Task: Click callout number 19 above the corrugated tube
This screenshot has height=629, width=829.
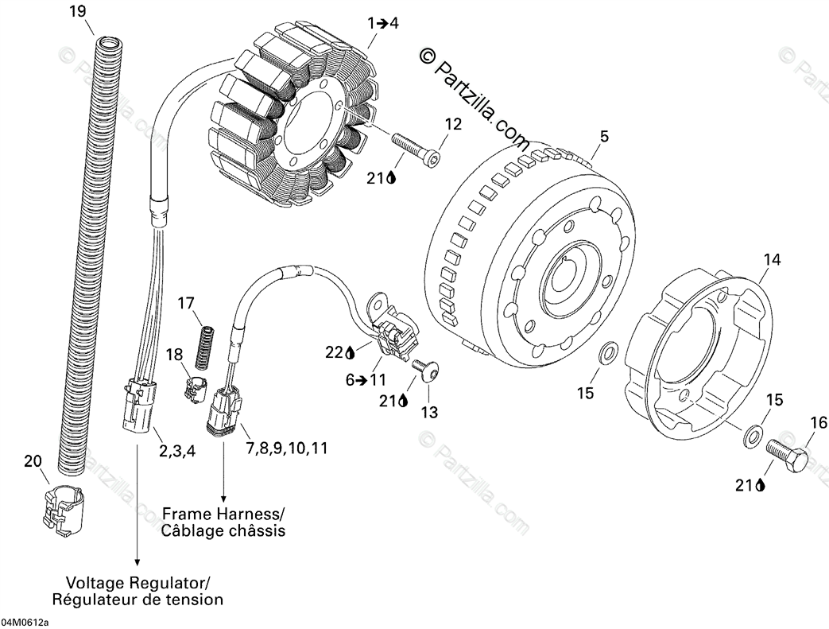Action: click(76, 11)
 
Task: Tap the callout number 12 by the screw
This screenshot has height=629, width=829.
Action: click(452, 124)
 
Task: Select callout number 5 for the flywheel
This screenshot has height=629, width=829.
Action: click(604, 137)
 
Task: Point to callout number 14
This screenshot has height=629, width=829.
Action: click(772, 259)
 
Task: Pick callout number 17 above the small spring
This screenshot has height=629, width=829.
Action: click(185, 303)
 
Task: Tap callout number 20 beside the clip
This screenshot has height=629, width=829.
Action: click(32, 460)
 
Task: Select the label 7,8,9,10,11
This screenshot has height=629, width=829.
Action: click(287, 448)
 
